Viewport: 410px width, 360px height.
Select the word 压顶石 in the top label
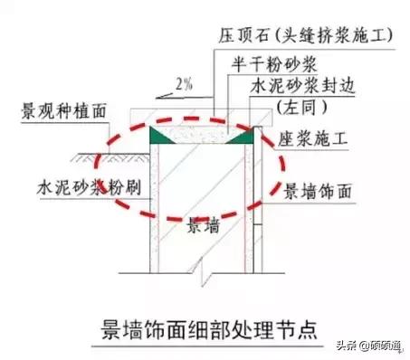[x=236, y=37]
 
